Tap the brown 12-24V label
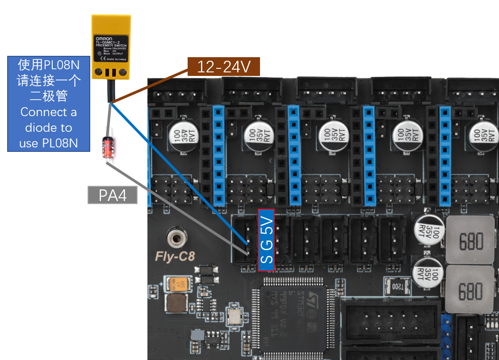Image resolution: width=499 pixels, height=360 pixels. (x=223, y=67)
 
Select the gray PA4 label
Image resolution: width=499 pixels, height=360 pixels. (x=113, y=195)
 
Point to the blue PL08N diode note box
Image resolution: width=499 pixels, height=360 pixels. (x=49, y=104)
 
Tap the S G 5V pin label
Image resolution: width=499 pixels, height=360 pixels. (x=266, y=240)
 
